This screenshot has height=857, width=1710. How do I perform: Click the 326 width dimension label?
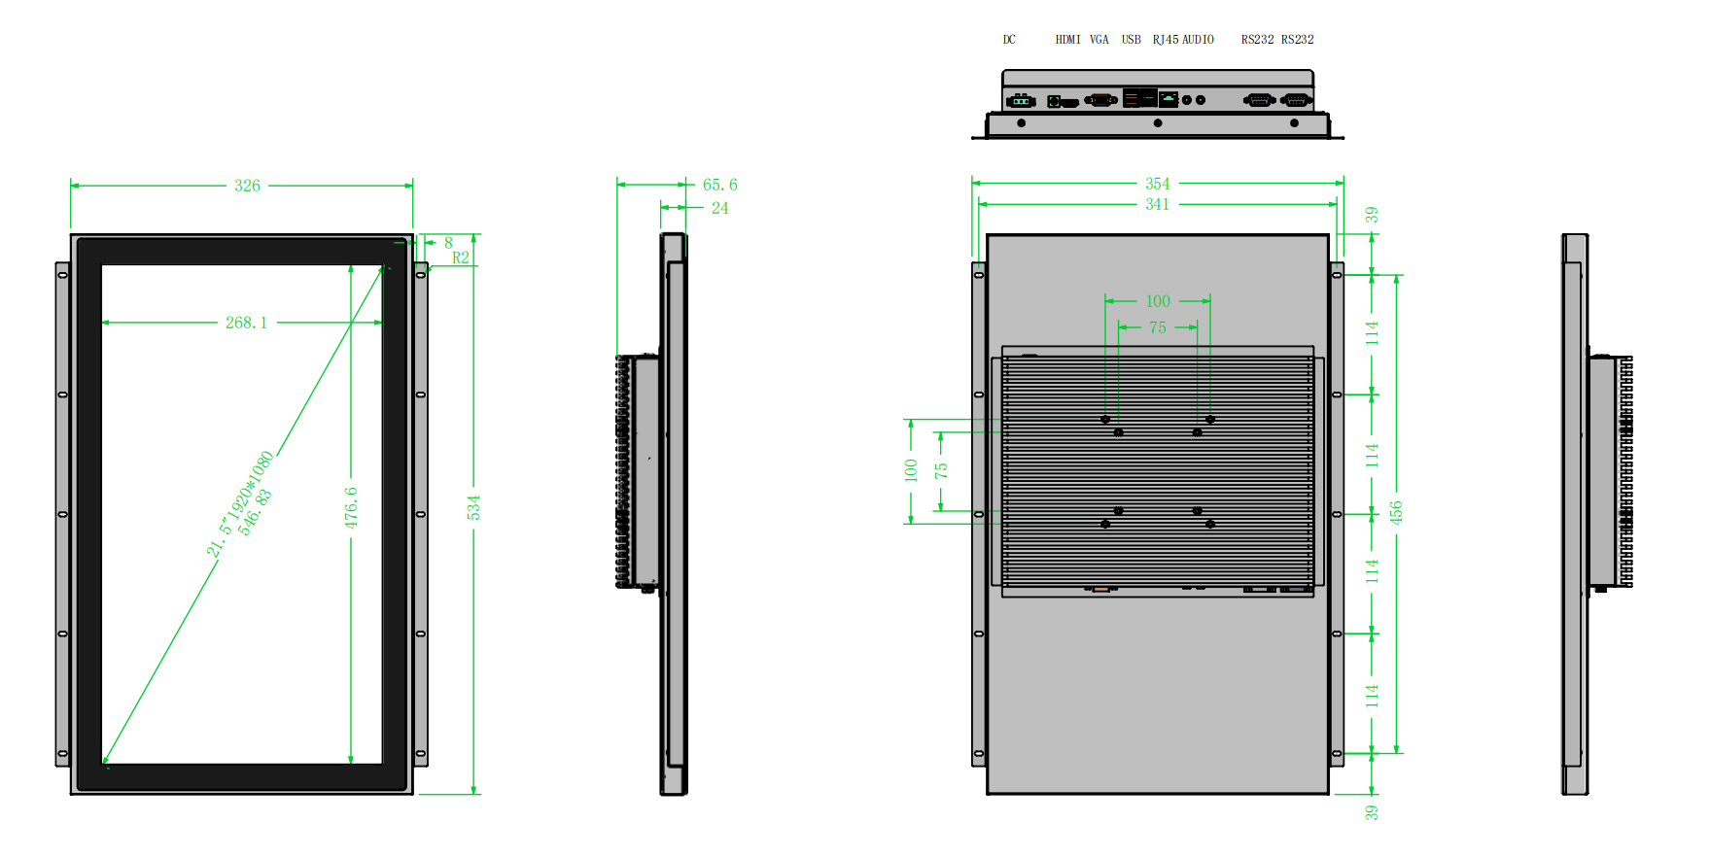coord(247,186)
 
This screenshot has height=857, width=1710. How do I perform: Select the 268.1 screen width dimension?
coord(246,323)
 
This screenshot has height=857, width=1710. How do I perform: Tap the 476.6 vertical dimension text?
coord(351,507)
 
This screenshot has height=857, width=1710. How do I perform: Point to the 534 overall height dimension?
coord(473,507)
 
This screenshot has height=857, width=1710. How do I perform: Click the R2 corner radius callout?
coord(461,257)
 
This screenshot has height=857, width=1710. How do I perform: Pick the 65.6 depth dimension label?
coord(719,185)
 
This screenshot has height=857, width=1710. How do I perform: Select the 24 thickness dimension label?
coord(719,208)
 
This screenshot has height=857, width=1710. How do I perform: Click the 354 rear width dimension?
coord(1157,184)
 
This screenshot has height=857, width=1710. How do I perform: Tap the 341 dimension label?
coord(1157,204)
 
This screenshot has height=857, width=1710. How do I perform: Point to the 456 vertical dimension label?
coord(1396,512)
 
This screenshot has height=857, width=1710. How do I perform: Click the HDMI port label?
coord(1067,40)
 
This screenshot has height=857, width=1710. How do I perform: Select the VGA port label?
coord(1099,40)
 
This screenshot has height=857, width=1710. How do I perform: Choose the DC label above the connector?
coord(1009,40)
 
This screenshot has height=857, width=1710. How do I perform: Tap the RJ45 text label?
coord(1166,40)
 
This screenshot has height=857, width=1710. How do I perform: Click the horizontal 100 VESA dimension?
coord(1158,301)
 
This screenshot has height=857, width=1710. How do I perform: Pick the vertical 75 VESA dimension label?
coord(941,470)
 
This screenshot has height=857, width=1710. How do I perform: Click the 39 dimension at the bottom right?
coord(1371,812)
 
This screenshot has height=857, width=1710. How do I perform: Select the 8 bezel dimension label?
coord(448,243)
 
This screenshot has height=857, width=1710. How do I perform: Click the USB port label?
coord(1131,40)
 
